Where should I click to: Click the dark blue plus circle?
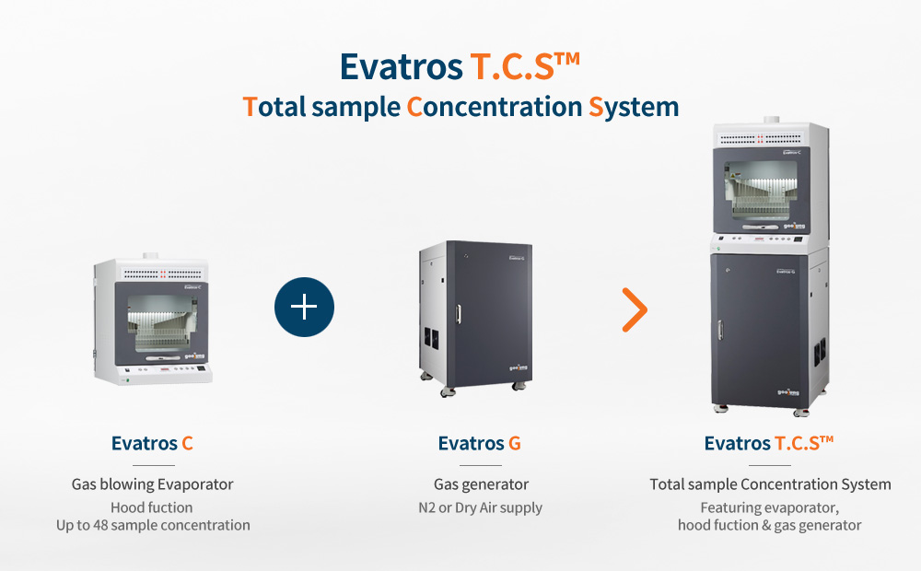point(304,308)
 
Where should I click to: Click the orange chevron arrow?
point(635,309)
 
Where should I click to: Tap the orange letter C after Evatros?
point(187,443)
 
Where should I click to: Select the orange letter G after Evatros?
point(515,443)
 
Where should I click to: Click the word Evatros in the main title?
point(402,66)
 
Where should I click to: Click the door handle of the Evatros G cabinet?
point(458,314)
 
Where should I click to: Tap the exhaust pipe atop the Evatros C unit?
point(151,257)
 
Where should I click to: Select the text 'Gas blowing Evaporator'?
point(153,484)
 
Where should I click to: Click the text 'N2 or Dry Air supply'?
point(481,507)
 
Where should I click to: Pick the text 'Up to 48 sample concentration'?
point(153,525)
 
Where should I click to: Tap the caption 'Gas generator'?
point(481,484)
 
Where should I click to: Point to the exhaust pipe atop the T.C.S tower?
point(771,120)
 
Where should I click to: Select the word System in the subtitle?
point(634,107)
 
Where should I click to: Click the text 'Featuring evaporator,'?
point(769,507)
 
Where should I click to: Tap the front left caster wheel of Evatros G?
point(449,391)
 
